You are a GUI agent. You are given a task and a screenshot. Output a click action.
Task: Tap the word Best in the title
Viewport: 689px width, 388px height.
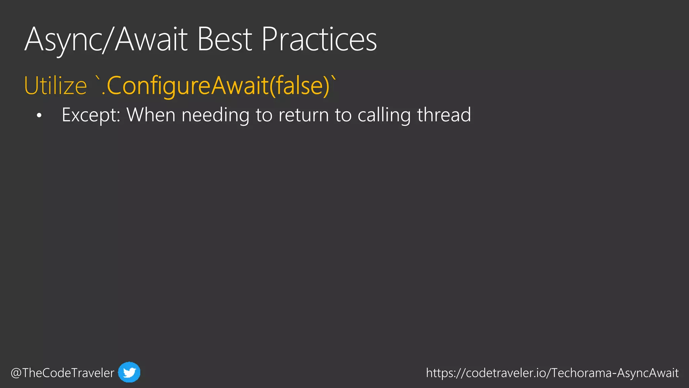click(224, 40)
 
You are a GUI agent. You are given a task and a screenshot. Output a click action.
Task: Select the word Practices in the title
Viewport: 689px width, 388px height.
click(319, 40)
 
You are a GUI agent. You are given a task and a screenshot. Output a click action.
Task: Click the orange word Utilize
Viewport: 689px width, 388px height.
click(56, 86)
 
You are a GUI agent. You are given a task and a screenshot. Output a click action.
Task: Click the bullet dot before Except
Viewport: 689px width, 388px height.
click(39, 116)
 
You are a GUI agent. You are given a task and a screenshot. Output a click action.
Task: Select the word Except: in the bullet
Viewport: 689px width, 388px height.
click(91, 115)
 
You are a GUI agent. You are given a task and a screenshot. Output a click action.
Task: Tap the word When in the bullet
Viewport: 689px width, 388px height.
click(151, 115)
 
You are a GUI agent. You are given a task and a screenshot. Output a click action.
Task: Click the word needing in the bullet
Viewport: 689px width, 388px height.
click(215, 115)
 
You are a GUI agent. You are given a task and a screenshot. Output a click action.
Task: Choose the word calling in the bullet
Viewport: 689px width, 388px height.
click(384, 115)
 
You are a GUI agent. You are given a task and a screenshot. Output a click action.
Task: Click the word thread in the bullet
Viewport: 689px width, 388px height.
click(444, 115)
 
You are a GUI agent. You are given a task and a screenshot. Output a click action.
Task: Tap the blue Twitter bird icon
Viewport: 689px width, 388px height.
click(129, 372)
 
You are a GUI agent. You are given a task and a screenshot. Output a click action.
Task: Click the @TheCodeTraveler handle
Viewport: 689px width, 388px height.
click(63, 373)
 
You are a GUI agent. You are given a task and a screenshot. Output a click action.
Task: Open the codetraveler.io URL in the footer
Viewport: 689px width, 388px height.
click(552, 373)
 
